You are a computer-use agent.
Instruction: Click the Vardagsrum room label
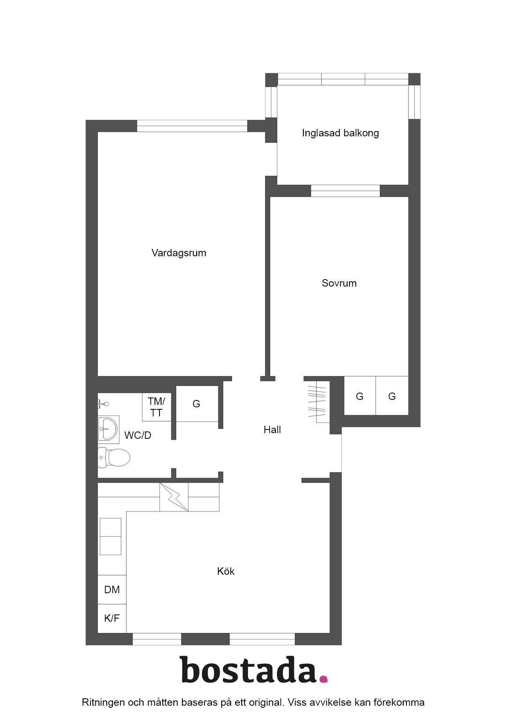pyautogui.click(x=179, y=253)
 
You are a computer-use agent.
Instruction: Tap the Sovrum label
pyautogui.click(x=339, y=283)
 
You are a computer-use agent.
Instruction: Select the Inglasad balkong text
pyautogui.click(x=341, y=133)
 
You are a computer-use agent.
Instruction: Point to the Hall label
pyautogui.click(x=272, y=430)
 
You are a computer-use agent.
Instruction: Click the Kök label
pyautogui.click(x=226, y=571)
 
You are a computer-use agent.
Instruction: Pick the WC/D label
pyautogui.click(x=138, y=436)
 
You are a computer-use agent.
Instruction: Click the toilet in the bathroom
pyautogui.click(x=114, y=457)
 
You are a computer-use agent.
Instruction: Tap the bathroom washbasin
pyautogui.click(x=108, y=429)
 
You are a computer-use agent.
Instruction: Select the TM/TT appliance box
pyautogui.click(x=157, y=407)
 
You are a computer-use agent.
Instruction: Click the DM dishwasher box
pyautogui.click(x=112, y=589)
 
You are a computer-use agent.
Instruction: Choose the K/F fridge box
pyautogui.click(x=112, y=618)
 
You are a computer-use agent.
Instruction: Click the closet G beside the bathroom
pyautogui.click(x=197, y=404)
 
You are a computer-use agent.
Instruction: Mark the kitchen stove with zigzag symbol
pyautogui.click(x=174, y=497)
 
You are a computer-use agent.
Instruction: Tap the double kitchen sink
pyautogui.click(x=111, y=536)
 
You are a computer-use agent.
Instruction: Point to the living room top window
pyautogui.click(x=192, y=126)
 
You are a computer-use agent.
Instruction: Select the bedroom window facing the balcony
pyautogui.click(x=345, y=191)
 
